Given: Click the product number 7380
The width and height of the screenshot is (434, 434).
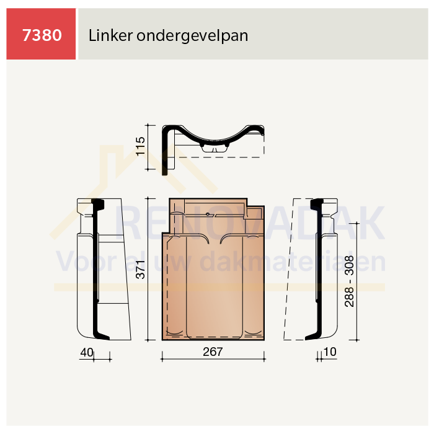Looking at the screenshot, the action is (x=42, y=35).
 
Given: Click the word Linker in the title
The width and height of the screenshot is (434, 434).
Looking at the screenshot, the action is (x=110, y=35).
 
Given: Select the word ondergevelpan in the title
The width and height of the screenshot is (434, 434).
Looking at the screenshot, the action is (x=192, y=36).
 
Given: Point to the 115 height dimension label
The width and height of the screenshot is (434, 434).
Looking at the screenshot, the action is (x=140, y=146).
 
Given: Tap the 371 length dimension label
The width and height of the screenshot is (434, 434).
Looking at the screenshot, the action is (x=140, y=269).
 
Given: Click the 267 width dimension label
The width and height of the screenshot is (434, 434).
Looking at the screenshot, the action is (x=213, y=352).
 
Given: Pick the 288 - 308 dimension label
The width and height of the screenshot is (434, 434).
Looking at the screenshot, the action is (x=349, y=281).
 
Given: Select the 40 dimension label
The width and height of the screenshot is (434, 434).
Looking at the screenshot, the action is (x=87, y=352).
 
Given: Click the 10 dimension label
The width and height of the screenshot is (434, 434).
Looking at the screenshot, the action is (x=330, y=352).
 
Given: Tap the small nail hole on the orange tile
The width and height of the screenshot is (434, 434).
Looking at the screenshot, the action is (x=208, y=214).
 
